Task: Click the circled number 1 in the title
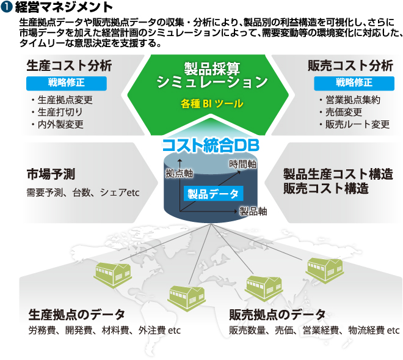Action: tap(7, 7)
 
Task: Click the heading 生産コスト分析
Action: tap(69, 66)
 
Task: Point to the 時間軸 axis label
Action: tap(242, 164)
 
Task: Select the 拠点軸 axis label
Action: tap(179, 173)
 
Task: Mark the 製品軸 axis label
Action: tap(253, 211)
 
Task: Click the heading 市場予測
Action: tap(51, 174)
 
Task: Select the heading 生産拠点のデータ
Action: tap(77, 315)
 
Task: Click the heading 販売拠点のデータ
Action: tap(277, 315)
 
